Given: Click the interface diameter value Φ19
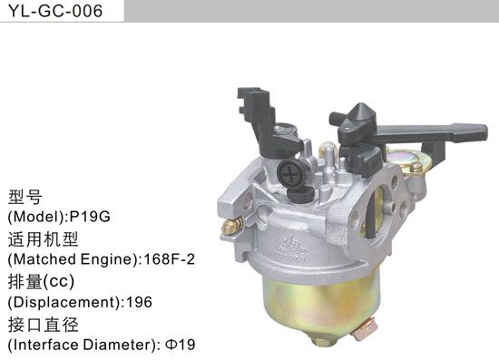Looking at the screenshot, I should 181,345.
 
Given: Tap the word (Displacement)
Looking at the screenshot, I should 63,302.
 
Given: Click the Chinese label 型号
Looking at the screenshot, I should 26,196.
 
